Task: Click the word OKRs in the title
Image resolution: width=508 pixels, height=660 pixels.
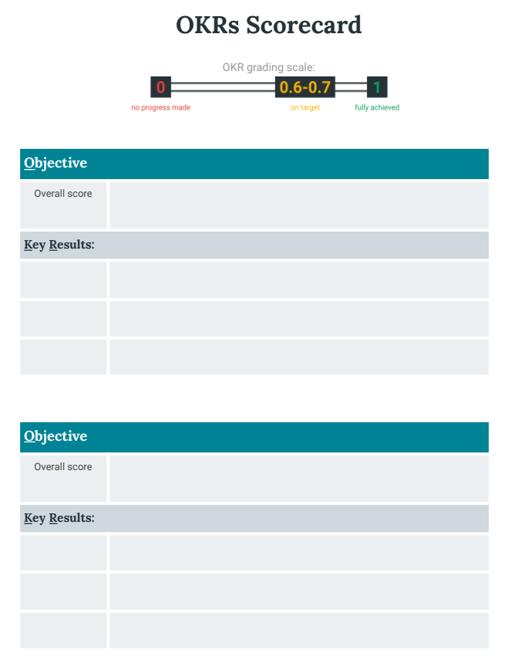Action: (207, 25)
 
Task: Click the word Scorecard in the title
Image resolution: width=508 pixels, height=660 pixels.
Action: (304, 25)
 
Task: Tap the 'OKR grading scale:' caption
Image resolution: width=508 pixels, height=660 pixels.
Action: (269, 67)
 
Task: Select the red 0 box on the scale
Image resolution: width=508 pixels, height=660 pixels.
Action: (160, 87)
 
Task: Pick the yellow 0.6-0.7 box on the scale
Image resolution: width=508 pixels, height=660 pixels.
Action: (305, 87)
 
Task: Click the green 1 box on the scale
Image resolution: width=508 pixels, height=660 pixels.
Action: (377, 87)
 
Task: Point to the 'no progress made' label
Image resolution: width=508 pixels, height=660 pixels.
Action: (160, 107)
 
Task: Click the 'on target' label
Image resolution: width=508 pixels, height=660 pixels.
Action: (305, 107)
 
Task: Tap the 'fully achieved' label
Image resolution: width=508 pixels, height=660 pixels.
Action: (377, 107)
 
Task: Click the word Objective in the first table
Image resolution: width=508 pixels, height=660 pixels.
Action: (56, 163)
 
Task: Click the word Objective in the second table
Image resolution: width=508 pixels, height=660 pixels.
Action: (56, 436)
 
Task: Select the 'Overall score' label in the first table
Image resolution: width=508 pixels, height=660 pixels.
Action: (63, 194)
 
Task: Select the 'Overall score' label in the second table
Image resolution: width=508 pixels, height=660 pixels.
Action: (63, 467)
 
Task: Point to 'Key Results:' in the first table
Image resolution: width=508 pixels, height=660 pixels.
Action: (59, 245)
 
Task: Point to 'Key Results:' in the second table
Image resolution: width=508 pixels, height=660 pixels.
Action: (59, 518)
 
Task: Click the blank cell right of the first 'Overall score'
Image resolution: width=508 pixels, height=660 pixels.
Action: (298, 205)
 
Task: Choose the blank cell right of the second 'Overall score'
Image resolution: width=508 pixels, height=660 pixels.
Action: (298, 478)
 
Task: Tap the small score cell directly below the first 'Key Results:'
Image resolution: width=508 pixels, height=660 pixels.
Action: (63, 279)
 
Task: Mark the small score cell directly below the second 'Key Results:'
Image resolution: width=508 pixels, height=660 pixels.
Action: (63, 553)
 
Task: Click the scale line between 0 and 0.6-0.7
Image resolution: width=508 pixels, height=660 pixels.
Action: (223, 87)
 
